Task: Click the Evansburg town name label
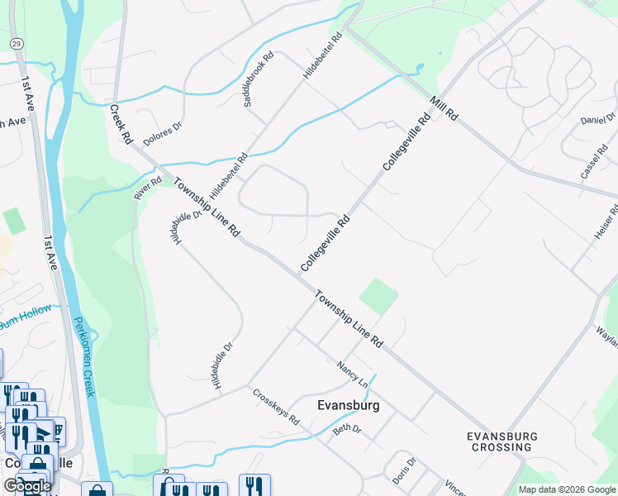coord(348,406)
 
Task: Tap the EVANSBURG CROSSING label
coord(502,441)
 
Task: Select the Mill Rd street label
coord(444,108)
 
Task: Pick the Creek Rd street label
coord(121,125)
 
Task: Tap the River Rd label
coord(148,188)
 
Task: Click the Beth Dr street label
coord(347,429)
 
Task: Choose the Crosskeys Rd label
coord(276,407)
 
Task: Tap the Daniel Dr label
coord(598,120)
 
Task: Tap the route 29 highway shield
coord(16,41)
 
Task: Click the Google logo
coord(27,485)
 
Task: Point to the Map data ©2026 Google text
coord(567,489)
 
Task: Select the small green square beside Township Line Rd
coord(378,295)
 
